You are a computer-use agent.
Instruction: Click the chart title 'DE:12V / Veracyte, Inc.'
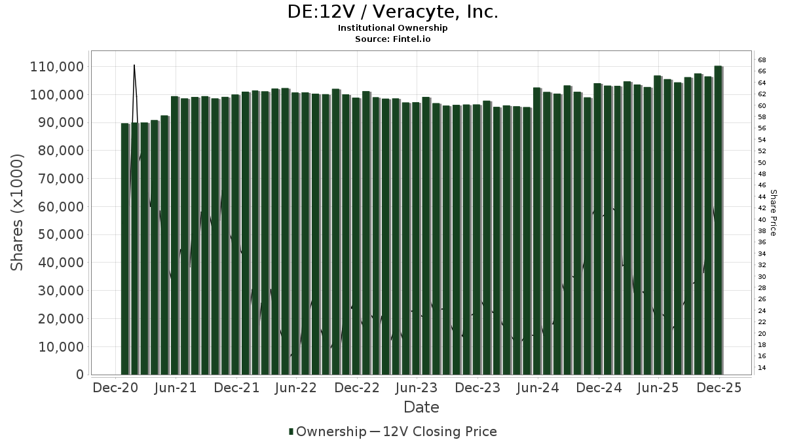pos(393,12)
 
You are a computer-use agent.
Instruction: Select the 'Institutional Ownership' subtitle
pos(393,28)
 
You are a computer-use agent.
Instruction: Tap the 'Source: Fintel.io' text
pos(393,39)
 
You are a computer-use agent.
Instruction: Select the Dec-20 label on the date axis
pos(116,388)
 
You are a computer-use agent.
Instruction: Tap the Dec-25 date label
pos(719,388)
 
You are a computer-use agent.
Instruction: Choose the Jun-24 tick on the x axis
pos(538,388)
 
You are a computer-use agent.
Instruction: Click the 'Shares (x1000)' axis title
pos(18,212)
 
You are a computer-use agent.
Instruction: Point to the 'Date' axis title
pos(421,407)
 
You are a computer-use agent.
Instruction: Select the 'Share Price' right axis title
pos(774,212)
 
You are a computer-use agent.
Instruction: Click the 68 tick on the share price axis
pos(762,60)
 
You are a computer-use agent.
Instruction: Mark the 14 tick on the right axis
pos(762,368)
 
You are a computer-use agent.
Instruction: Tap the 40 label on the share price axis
pos(762,219)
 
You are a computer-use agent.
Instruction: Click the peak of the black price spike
pos(134,65)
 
